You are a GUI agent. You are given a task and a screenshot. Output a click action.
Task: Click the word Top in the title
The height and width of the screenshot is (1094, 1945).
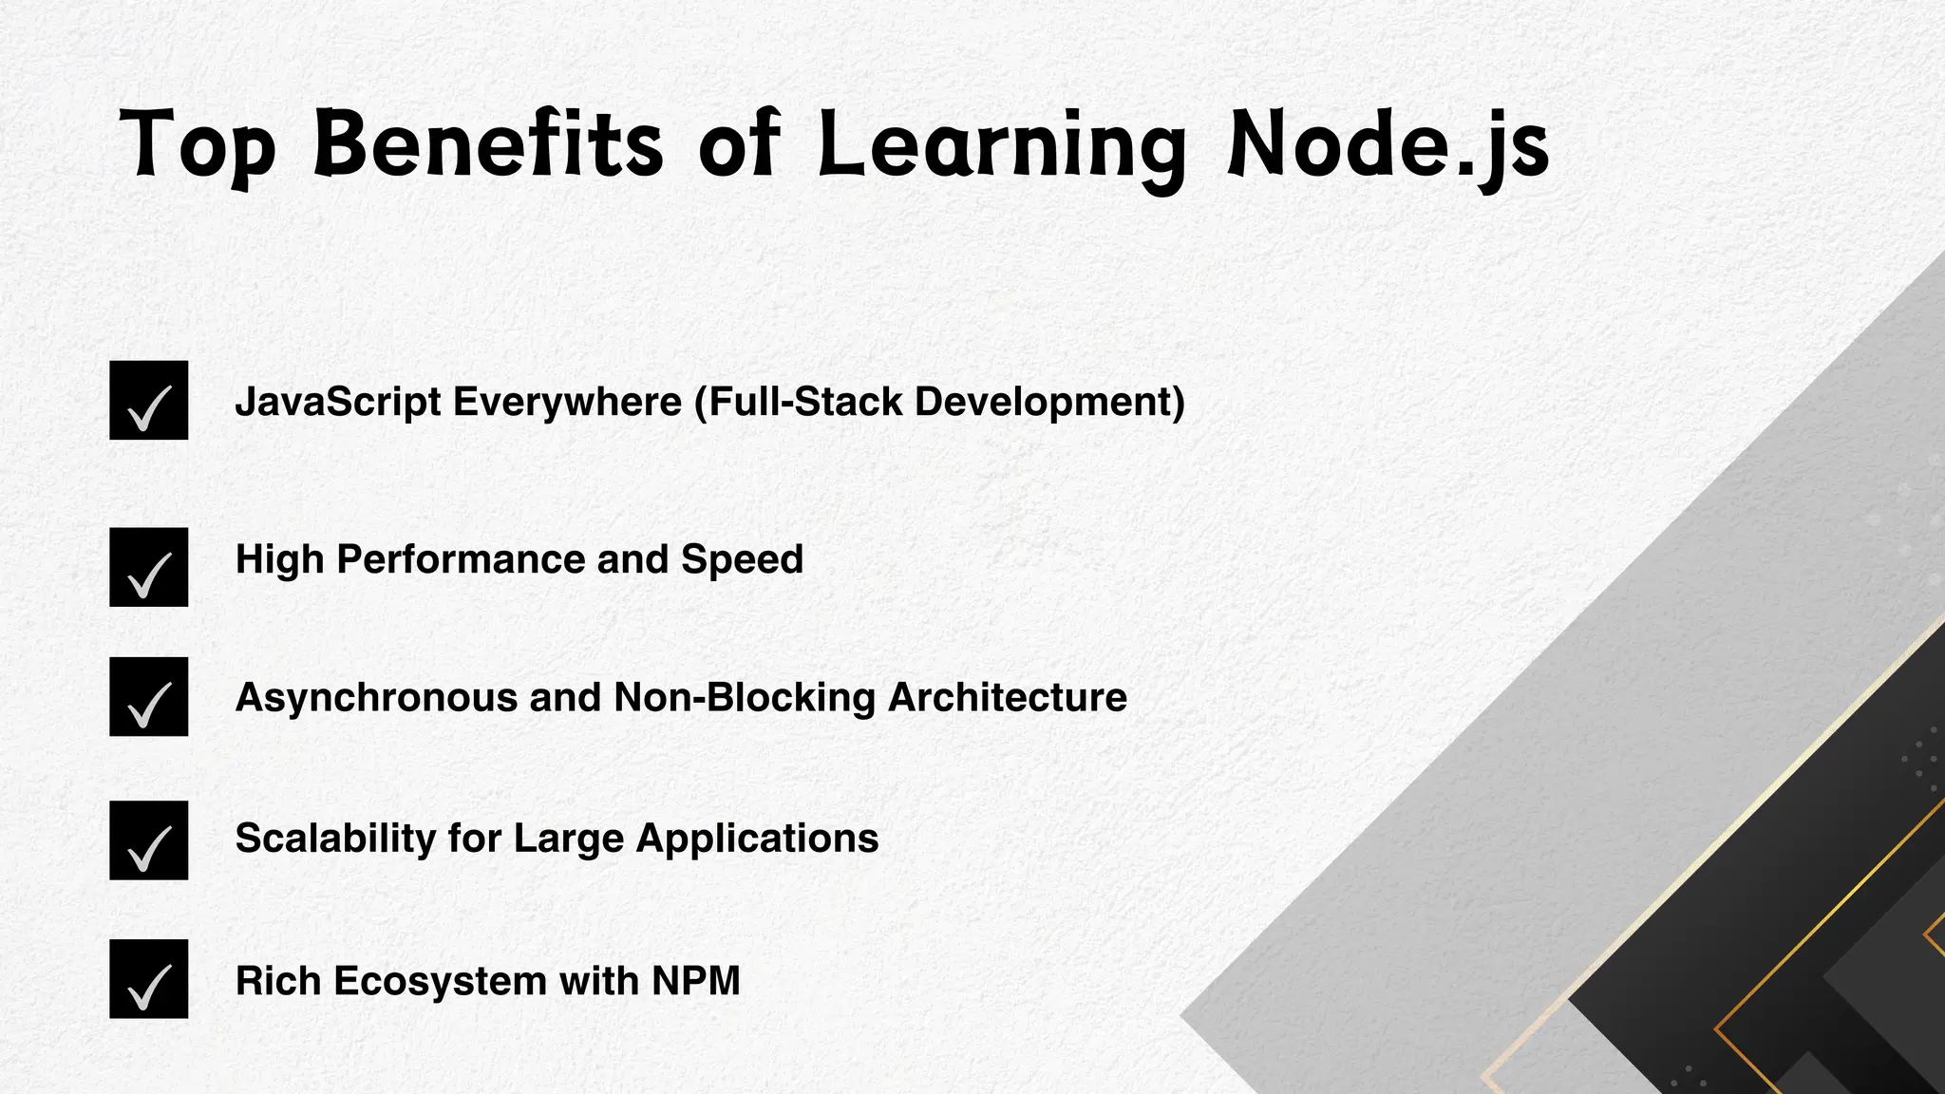pos(198,145)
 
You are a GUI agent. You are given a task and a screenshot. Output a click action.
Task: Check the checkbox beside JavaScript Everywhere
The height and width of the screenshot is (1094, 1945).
pos(149,401)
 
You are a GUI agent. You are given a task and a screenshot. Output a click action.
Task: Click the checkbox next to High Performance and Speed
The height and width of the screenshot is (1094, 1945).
pos(149,567)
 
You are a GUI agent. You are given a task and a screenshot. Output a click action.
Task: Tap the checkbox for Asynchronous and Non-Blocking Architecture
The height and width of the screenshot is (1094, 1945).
pos(149,697)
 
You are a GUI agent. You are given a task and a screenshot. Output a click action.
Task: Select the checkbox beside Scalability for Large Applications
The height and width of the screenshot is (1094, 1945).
pos(149,840)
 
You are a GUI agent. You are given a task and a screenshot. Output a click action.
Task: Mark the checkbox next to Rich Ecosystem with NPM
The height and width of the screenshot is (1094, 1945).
pos(149,979)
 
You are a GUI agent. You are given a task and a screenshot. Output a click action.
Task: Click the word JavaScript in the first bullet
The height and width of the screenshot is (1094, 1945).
pos(338,403)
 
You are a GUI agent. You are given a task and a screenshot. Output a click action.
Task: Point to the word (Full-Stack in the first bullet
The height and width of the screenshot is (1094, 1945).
pos(798,403)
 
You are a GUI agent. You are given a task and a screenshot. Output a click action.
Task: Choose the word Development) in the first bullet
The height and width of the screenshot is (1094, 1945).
pos(1049,403)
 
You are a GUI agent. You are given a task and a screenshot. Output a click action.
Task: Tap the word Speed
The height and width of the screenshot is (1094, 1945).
pos(742,560)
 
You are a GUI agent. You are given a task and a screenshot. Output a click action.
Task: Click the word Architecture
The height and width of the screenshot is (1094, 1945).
pos(1008,698)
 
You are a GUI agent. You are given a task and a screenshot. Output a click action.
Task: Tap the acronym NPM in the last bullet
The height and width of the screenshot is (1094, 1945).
pos(696,981)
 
